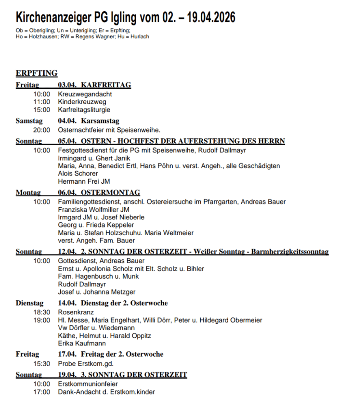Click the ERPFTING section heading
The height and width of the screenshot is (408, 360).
tap(36, 73)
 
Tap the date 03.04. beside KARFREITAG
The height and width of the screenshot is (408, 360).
tap(67, 85)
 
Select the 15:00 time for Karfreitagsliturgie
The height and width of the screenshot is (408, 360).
tap(41, 110)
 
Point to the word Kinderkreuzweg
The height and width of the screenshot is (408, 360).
tap(82, 102)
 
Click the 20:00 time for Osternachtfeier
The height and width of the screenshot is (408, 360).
tap(41, 130)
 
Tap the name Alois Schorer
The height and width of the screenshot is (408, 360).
tap(78, 173)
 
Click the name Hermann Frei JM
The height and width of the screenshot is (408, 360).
tap(84, 181)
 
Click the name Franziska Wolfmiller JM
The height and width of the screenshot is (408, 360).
tap(94, 209)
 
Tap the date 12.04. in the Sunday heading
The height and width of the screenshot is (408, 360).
tap(67, 252)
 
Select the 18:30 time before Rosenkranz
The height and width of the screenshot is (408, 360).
tap(41, 312)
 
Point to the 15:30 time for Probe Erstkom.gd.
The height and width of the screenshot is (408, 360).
tap(41, 363)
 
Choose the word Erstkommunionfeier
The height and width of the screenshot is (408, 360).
tap(88, 384)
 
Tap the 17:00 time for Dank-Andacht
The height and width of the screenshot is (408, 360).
tap(41, 392)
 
